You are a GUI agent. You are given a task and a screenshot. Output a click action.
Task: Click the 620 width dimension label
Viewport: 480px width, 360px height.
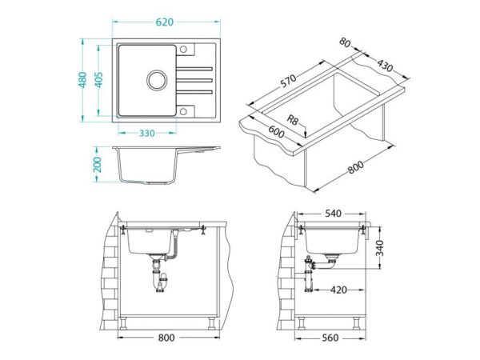click(x=164, y=22)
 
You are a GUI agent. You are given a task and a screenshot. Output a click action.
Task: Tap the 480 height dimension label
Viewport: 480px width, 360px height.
click(x=83, y=80)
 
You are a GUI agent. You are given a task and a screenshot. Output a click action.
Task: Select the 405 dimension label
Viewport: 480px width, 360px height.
click(x=98, y=80)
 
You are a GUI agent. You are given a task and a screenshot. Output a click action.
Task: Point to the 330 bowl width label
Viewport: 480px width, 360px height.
click(x=147, y=133)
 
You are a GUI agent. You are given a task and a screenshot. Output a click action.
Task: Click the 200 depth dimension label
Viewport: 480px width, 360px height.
click(x=98, y=164)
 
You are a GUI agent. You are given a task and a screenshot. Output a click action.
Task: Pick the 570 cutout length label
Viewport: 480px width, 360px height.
click(x=288, y=81)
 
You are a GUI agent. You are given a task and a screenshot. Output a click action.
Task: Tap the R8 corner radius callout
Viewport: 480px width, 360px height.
click(x=292, y=119)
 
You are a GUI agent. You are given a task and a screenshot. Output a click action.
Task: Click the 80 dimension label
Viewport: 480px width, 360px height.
click(x=345, y=43)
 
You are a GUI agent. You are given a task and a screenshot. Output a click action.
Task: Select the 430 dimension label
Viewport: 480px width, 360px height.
click(x=385, y=66)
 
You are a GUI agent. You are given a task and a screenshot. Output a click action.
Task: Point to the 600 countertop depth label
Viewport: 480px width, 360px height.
click(x=277, y=132)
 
